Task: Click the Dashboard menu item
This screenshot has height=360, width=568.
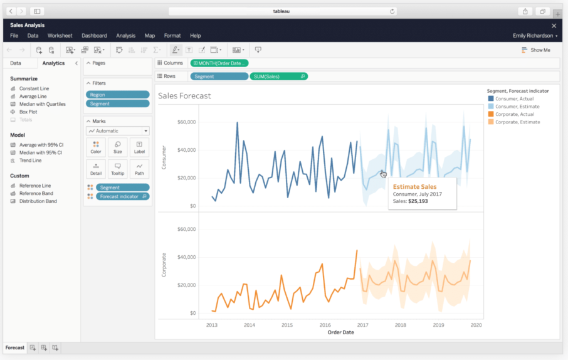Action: [x=94, y=36]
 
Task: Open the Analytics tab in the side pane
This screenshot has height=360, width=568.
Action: [x=53, y=63]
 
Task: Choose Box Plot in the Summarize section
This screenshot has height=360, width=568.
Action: [x=28, y=112]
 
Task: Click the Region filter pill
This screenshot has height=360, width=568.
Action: [x=117, y=95]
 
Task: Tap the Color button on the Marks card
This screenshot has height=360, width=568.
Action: [x=96, y=147]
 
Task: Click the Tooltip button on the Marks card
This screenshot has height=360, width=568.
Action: [x=117, y=169]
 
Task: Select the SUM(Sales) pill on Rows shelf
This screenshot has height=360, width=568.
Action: [x=278, y=77]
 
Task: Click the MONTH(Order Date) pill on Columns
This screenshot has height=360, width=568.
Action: [x=219, y=63]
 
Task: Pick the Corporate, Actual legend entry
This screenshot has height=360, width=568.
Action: [x=514, y=114]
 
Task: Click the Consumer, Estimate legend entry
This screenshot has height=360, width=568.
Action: [x=517, y=107]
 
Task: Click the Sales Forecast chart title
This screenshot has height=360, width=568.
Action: [x=184, y=96]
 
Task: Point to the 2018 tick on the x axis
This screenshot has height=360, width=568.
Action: [x=400, y=326]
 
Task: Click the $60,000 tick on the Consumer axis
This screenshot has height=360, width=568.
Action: [x=187, y=122]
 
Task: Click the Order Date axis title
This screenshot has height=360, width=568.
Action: [x=340, y=332]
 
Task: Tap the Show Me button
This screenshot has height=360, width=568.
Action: [x=536, y=50]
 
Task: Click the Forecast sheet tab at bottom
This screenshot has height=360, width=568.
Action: [x=14, y=347]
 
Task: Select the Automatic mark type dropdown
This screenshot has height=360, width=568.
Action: [x=117, y=131]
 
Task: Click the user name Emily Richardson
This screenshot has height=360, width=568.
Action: [x=533, y=36]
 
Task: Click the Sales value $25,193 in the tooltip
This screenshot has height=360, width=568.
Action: [x=418, y=201]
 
